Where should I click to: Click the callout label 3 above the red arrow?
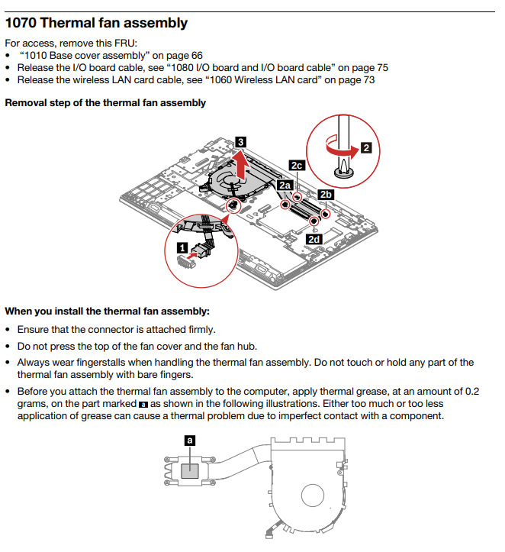[241, 141]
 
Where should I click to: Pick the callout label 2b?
[326, 194]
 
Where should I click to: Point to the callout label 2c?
[297, 165]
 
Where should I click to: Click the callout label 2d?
[314, 239]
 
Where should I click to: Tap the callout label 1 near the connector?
[182, 247]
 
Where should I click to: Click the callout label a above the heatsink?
[189, 440]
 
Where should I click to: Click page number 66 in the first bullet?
[196, 56]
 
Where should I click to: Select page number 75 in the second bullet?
[381, 67]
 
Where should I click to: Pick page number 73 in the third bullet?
[368, 79]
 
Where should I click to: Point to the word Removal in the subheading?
[26, 103]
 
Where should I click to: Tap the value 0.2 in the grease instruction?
[471, 392]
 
